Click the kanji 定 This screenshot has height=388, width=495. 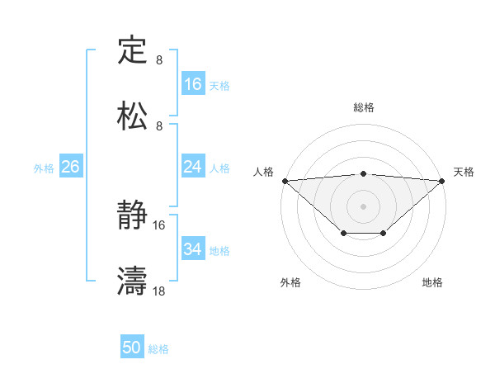tap(132, 52)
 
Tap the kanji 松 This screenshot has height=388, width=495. tap(132, 116)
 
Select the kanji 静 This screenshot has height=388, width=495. tap(132, 216)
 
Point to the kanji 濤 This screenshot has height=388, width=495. tap(132, 282)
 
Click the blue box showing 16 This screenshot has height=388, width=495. tap(193, 84)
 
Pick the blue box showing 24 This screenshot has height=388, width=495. tap(193, 168)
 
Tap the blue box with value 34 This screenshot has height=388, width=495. tap(193, 249)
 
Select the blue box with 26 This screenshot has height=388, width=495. tap(70, 168)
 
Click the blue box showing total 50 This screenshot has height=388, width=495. tap(132, 348)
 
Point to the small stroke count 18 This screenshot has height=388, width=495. tap(159, 291)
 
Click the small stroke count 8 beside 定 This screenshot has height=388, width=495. tap(159, 60)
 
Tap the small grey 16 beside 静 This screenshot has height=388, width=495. tap(159, 225)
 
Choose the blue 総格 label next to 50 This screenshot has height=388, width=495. tap(158, 349)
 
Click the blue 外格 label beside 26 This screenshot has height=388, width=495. tap(44, 168)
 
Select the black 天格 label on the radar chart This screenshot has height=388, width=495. tap(464, 172)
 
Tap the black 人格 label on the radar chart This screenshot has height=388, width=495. tap(263, 172)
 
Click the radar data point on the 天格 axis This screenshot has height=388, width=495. tap(442, 181)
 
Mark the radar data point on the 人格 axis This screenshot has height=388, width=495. tap(285, 181)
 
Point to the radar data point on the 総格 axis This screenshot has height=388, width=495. tap(363, 173)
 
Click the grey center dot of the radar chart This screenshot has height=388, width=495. tap(363, 206)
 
